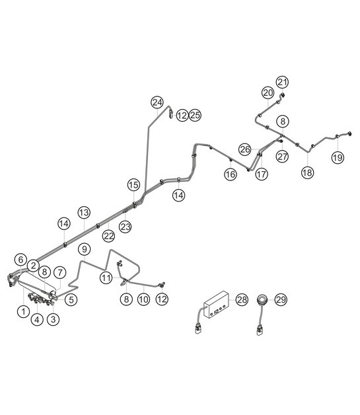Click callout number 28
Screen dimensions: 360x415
242,299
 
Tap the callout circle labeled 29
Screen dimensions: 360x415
281,299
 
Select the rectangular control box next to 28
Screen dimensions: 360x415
217,305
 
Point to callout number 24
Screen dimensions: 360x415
157,102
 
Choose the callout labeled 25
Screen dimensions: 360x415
195,115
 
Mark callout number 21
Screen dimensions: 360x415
282,82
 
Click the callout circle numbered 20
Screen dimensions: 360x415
268,93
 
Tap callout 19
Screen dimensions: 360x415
338,157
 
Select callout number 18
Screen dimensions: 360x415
307,172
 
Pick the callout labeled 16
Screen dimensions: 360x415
231,174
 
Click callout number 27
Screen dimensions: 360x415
282,157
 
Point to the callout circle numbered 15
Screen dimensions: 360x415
133,185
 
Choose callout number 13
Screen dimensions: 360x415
84,212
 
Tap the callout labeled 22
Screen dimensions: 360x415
109,235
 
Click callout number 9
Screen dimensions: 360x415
85,249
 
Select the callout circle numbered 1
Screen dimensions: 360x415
24,311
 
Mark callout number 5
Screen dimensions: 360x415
71,299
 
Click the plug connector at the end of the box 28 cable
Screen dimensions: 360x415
198,330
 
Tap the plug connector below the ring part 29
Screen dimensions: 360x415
260,330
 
